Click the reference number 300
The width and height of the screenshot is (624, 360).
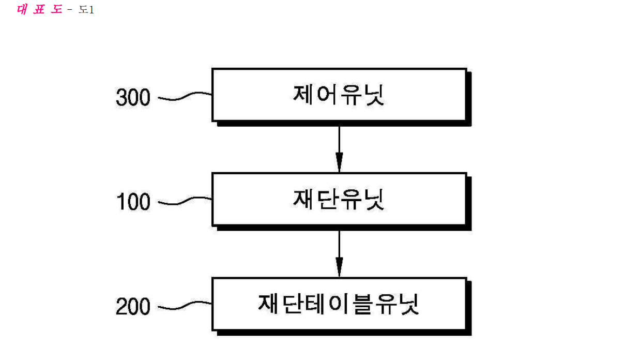(x=133, y=97)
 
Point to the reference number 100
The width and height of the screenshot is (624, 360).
(x=133, y=201)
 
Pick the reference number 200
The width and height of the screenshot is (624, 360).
(x=133, y=306)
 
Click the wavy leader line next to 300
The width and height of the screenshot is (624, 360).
(x=185, y=96)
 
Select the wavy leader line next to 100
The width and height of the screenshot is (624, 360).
(x=185, y=201)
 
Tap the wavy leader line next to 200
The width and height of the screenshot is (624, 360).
(x=185, y=305)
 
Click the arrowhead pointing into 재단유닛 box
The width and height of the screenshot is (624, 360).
(x=339, y=162)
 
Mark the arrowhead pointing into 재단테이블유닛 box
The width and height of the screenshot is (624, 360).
(x=339, y=267)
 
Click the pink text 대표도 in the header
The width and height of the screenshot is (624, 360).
(x=39, y=9)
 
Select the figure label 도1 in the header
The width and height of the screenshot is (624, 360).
(x=86, y=10)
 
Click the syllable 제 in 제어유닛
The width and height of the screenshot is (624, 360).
(x=302, y=95)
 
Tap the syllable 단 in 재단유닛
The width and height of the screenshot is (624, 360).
(x=327, y=200)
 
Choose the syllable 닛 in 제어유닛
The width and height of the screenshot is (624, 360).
(x=375, y=95)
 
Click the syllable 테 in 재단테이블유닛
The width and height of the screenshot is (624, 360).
(x=315, y=304)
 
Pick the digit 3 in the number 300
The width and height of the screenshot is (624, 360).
(x=121, y=97)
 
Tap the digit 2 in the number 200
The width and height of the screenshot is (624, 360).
(x=121, y=306)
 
